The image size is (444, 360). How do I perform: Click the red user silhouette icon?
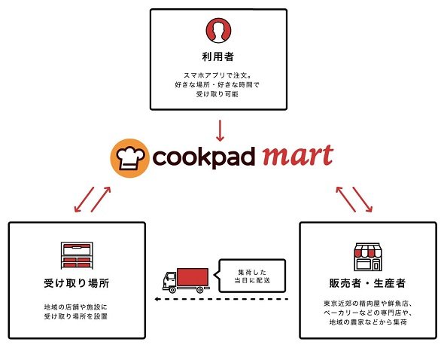tap(218, 30)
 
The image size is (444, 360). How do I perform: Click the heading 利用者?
tap(218, 57)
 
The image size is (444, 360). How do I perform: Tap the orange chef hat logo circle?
tap(129, 158)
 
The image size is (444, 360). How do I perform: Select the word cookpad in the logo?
tap(204, 157)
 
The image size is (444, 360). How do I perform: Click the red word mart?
tap(298, 156)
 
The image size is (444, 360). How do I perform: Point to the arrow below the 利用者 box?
tap(220, 131)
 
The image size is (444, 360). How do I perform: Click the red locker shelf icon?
tap(77, 255)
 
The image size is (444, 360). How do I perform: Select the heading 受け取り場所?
tap(77, 283)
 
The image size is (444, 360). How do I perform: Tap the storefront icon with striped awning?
tap(368, 257)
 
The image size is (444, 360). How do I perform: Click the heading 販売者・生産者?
tap(367, 283)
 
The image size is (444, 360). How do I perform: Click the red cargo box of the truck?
tap(193, 277)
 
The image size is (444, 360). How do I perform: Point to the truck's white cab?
tap(169, 280)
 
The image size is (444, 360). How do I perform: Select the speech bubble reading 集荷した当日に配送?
tap(252, 276)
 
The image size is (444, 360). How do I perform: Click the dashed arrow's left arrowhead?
tap(157, 299)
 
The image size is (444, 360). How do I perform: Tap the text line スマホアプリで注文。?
tap(217, 75)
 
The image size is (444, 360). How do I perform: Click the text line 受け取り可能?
tap(217, 94)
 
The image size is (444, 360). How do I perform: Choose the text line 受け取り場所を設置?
tap(76, 316)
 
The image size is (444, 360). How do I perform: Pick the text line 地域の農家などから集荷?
tap(368, 322)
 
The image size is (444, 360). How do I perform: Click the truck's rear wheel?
tap(199, 290)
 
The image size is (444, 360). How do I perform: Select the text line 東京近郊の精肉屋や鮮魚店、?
tap(368, 304)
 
